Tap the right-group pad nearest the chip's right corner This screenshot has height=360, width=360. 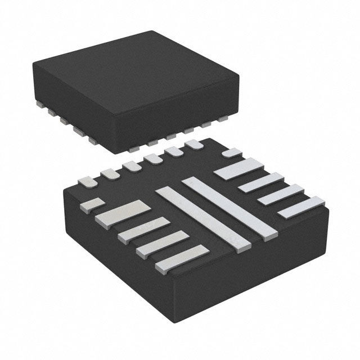pyautogui.click(x=302, y=206)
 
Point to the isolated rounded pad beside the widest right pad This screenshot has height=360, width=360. pyautogui.click(x=231, y=152)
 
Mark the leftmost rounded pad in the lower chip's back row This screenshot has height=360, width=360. pyautogui.click(x=88, y=182)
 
